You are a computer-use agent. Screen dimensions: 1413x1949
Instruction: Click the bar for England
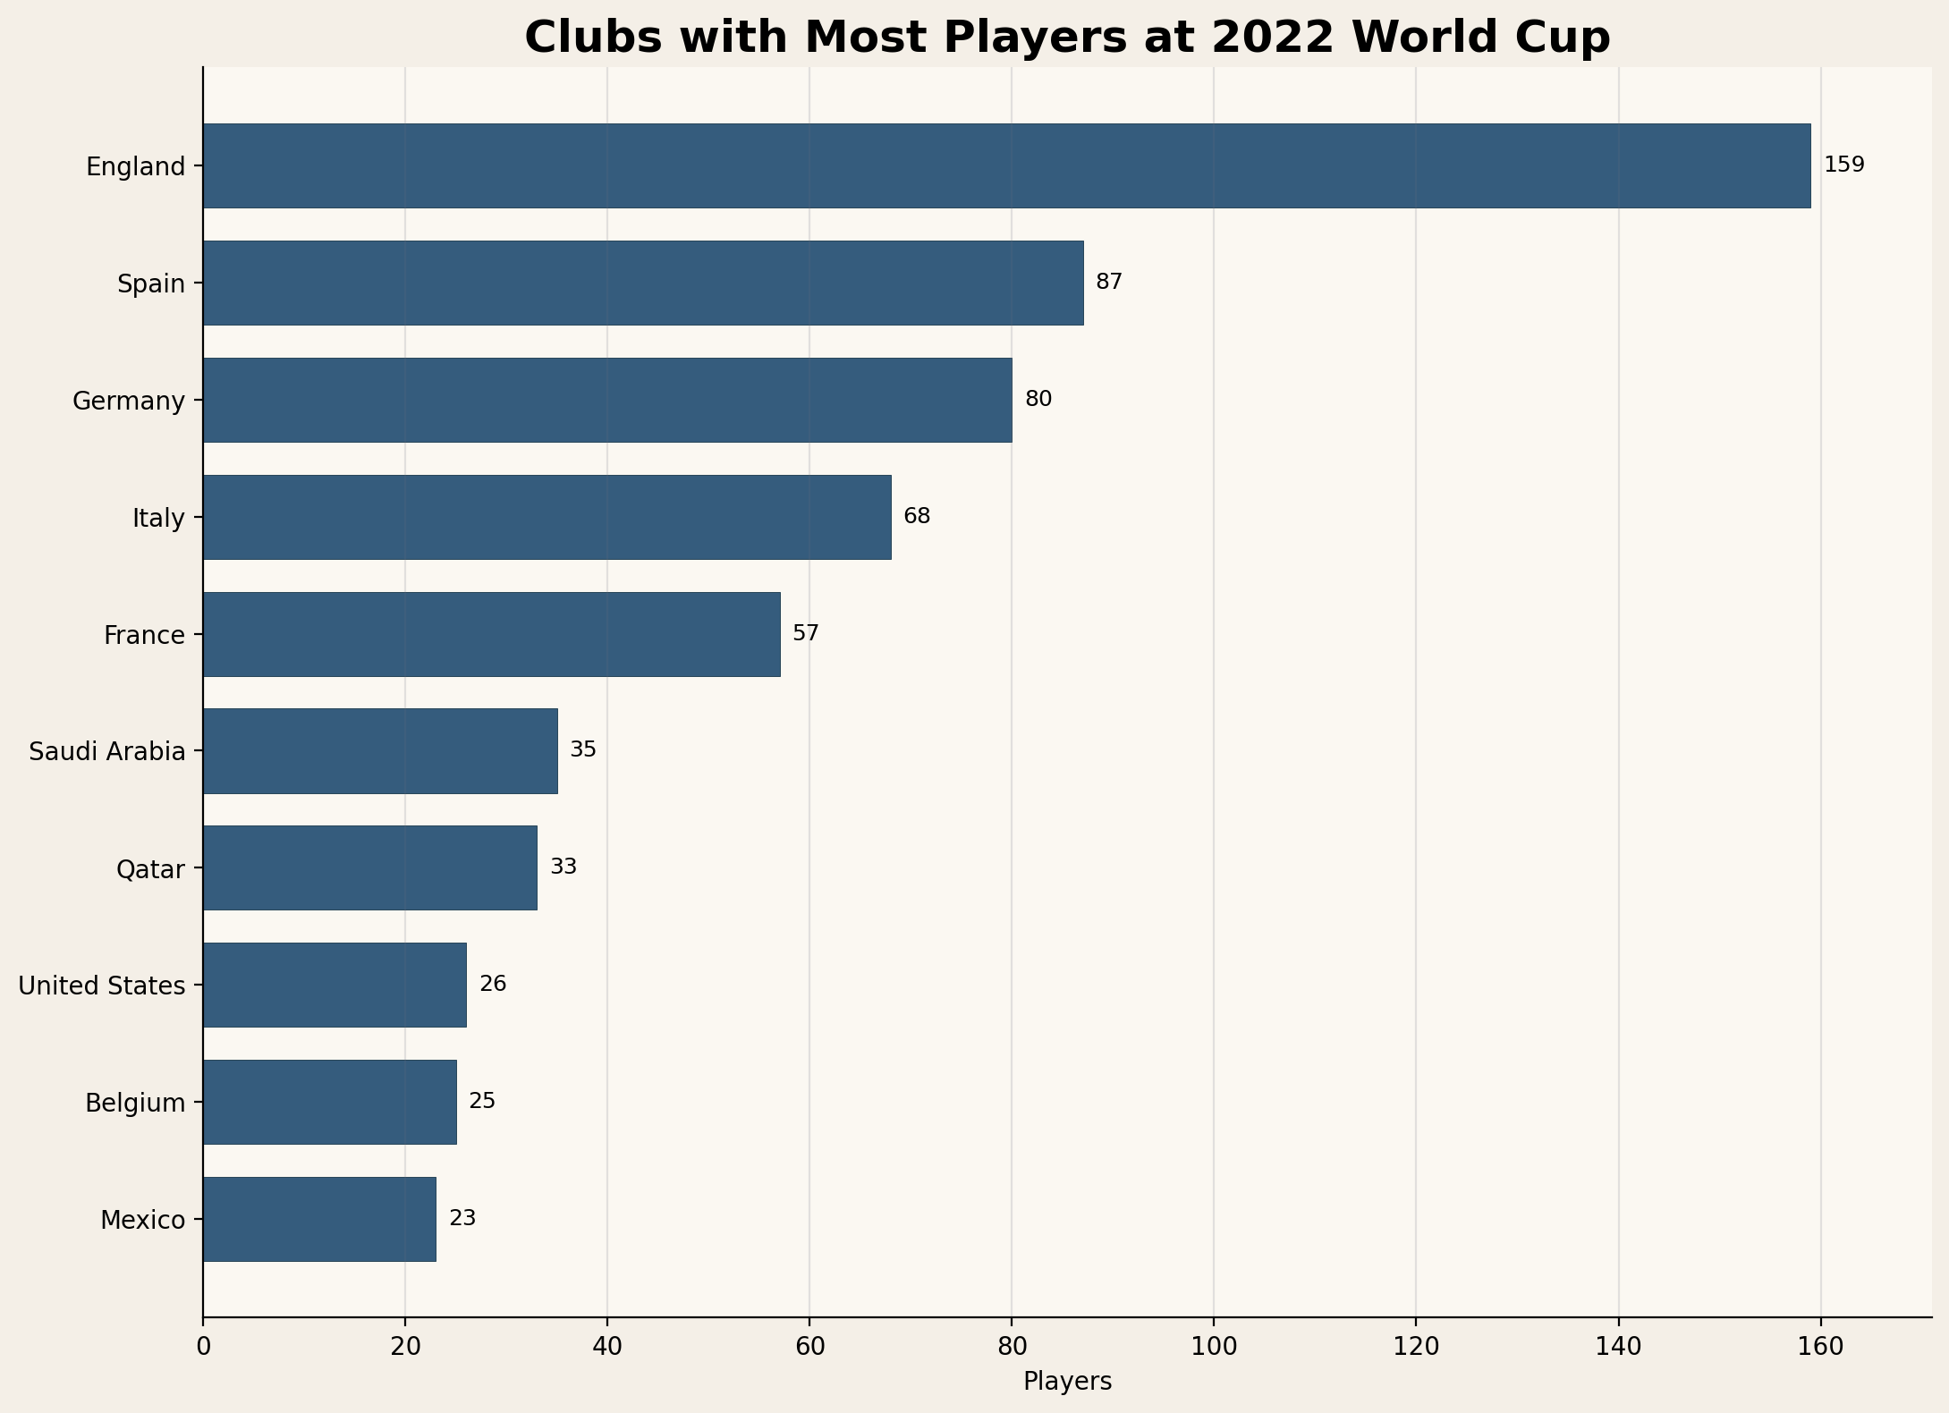pyautogui.click(x=1006, y=166)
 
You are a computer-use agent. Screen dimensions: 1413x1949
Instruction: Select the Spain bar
pyautogui.click(x=643, y=283)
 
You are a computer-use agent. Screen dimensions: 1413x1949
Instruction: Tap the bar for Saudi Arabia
pyautogui.click(x=380, y=751)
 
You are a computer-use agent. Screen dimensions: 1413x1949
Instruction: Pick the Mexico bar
pyautogui.click(x=319, y=1219)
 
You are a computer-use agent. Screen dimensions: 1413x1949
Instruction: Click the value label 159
pyautogui.click(x=1843, y=165)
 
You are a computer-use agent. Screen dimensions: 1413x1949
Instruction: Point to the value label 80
pyautogui.click(x=1038, y=400)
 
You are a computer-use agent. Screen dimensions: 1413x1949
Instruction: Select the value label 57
pyautogui.click(x=805, y=634)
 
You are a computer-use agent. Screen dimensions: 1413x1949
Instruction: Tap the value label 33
pyautogui.click(x=563, y=867)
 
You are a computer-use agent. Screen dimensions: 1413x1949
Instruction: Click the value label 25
pyautogui.click(x=481, y=1102)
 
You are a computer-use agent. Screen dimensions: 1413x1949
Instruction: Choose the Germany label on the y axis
pyautogui.click(x=128, y=401)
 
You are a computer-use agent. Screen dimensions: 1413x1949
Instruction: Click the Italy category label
pyautogui.click(x=158, y=518)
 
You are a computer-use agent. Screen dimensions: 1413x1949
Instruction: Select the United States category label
pyautogui.click(x=101, y=986)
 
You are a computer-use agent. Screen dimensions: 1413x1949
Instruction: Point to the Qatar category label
pyautogui.click(x=150, y=869)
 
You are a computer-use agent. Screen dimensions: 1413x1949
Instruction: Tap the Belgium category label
pyautogui.click(x=135, y=1104)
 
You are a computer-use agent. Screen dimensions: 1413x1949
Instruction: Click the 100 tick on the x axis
pyautogui.click(x=1214, y=1348)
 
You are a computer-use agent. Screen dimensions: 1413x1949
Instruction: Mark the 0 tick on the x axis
pyautogui.click(x=203, y=1348)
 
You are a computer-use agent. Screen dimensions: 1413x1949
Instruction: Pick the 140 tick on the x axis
pyautogui.click(x=1618, y=1348)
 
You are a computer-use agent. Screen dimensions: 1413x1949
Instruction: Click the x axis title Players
pyautogui.click(x=1067, y=1383)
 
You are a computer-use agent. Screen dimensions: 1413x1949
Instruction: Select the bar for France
pyautogui.click(x=491, y=634)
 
